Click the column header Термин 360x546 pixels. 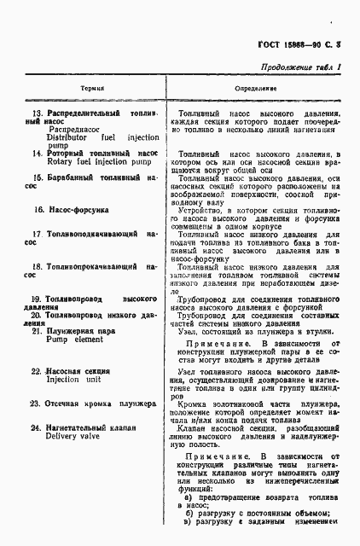tap(92, 88)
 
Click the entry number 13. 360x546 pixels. tap(38, 113)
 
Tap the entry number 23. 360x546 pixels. tap(37, 402)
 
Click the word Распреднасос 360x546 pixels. tap(75, 129)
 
